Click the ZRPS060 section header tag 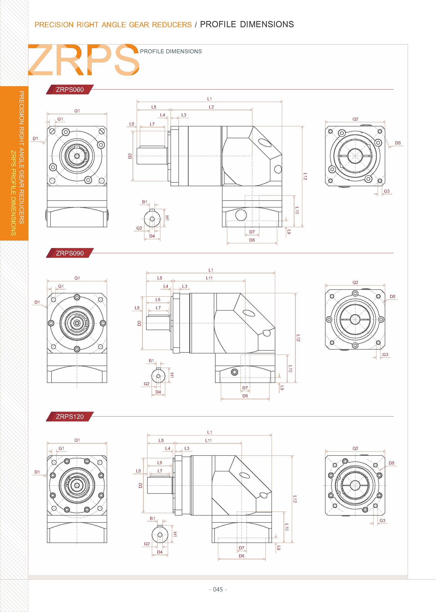point(69,90)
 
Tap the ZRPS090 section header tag point(69,253)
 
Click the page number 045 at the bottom point(218,589)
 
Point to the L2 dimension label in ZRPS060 point(211,107)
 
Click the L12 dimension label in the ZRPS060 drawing point(305,176)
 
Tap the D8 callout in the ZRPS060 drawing point(398,143)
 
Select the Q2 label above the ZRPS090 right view point(355,282)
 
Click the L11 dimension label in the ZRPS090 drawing point(209,278)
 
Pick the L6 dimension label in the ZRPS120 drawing point(159,463)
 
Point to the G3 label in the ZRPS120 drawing point(382,520)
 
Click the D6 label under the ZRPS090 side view point(245,396)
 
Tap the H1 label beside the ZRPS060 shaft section point(167,218)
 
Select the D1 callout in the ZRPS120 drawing point(37,472)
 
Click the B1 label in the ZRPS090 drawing point(151,361)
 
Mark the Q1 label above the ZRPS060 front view point(77,111)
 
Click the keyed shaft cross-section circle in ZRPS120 point(160,535)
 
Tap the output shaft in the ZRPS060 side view point(152,155)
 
